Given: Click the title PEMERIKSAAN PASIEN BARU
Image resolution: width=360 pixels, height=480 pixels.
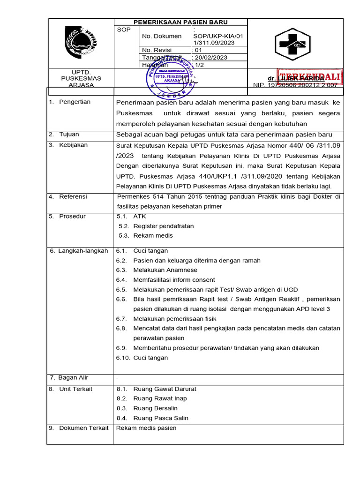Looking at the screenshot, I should tap(180, 22).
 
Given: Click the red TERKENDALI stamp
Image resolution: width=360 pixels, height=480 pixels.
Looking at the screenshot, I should tap(309, 77).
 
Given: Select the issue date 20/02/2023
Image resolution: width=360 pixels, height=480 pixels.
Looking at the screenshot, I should tap(211, 58).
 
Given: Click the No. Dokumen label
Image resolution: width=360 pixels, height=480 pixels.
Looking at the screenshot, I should tap(161, 36).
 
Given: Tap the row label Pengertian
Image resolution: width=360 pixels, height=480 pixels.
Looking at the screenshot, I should tap(75, 102).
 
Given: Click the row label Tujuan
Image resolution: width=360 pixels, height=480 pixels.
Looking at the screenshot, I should tap(69, 135).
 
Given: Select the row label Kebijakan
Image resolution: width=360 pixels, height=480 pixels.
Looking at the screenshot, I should tap(73, 145).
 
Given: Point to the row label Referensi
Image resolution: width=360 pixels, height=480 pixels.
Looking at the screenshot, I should tap(73, 196).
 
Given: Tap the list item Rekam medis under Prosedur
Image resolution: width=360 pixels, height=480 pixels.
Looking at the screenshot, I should tap(153, 236).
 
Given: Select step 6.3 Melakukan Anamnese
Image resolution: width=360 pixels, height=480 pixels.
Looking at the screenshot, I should tap(165, 270).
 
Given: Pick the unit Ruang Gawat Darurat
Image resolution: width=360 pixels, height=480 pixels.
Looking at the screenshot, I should tap(165, 389).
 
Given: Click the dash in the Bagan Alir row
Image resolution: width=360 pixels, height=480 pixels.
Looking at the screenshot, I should tap(117, 378).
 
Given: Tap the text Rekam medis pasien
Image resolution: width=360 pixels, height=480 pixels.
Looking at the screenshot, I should tap(146, 428).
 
